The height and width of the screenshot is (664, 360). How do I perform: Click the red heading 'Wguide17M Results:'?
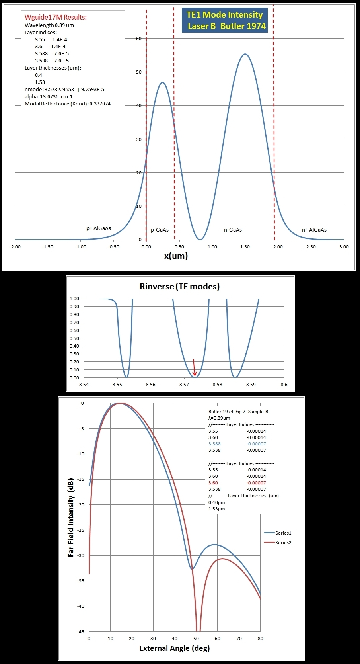[56, 17]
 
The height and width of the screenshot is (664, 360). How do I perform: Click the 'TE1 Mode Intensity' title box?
[225, 21]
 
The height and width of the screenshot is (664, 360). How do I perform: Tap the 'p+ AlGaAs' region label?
[99, 228]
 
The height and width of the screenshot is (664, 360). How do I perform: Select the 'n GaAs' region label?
[233, 230]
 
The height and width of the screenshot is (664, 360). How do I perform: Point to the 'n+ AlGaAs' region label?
[314, 230]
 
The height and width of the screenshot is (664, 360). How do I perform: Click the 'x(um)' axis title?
[176, 256]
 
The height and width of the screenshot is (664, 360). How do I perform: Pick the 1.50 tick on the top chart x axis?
[245, 247]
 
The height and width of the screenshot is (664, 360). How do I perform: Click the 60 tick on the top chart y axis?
[138, 39]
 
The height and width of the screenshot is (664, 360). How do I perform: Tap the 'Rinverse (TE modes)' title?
[179, 286]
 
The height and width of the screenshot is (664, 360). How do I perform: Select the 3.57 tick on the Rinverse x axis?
[184, 385]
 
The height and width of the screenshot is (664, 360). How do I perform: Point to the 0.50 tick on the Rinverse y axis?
[74, 338]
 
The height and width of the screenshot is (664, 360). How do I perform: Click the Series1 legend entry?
[278, 533]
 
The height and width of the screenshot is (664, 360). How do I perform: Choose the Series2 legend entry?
[278, 543]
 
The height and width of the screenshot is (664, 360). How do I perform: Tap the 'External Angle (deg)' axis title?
[174, 648]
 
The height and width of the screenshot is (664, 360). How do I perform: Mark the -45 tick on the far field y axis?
[80, 631]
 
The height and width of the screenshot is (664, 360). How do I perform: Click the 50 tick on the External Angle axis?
[196, 639]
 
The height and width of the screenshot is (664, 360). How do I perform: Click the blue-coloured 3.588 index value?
[214, 444]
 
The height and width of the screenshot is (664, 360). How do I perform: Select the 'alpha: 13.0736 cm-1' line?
[49, 96]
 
